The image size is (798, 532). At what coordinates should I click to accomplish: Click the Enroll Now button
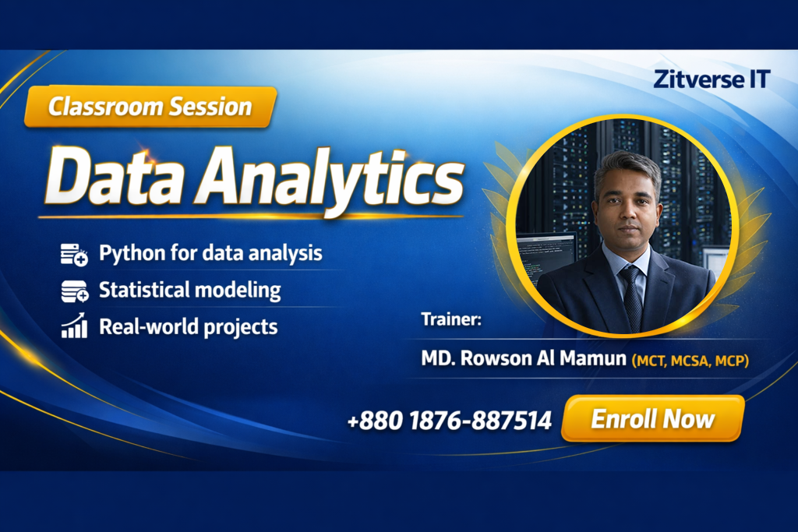[653, 418]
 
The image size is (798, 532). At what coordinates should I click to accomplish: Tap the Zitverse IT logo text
[711, 79]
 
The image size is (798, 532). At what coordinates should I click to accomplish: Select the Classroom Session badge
[150, 107]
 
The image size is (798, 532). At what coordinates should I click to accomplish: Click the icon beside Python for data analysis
[74, 254]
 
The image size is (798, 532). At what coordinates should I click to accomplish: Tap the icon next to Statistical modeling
[74, 291]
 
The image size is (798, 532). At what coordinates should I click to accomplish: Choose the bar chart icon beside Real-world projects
[74, 326]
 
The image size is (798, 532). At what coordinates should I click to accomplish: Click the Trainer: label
[451, 319]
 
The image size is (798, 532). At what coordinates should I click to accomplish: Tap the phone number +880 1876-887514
[450, 421]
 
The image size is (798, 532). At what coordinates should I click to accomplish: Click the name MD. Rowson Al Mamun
[524, 358]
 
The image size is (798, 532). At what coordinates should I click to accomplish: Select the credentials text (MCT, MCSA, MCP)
[690, 361]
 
